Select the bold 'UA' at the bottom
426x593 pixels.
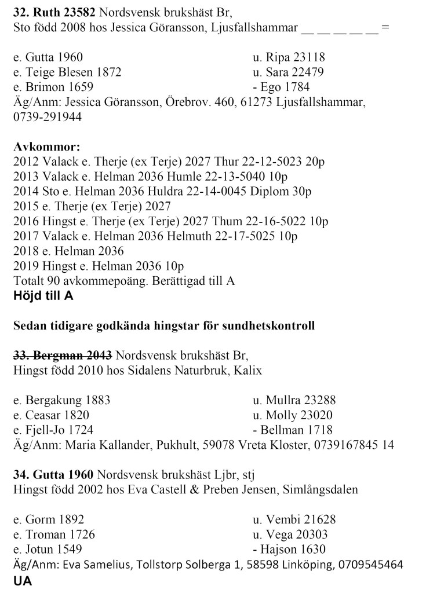22,579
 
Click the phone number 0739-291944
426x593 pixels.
47,116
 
